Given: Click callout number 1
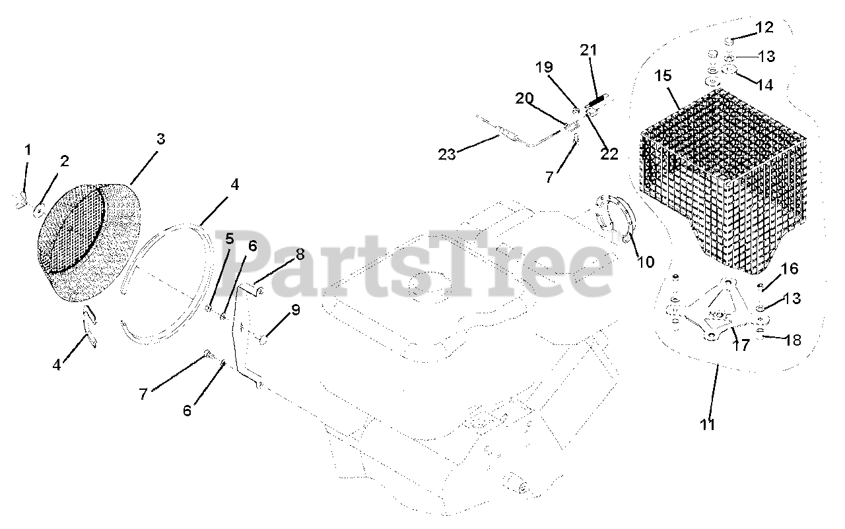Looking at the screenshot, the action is tap(28, 150).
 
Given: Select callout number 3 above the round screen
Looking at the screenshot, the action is tap(160, 139).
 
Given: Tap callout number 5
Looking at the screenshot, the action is tap(229, 237).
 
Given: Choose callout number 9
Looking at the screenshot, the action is tap(295, 310).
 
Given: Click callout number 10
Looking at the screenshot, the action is tap(645, 262).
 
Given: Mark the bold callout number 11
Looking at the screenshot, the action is tap(708, 424).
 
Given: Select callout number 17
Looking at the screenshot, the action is tap(742, 346).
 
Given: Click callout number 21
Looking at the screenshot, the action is tap(588, 50).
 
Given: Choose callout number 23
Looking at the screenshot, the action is tap(447, 155).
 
